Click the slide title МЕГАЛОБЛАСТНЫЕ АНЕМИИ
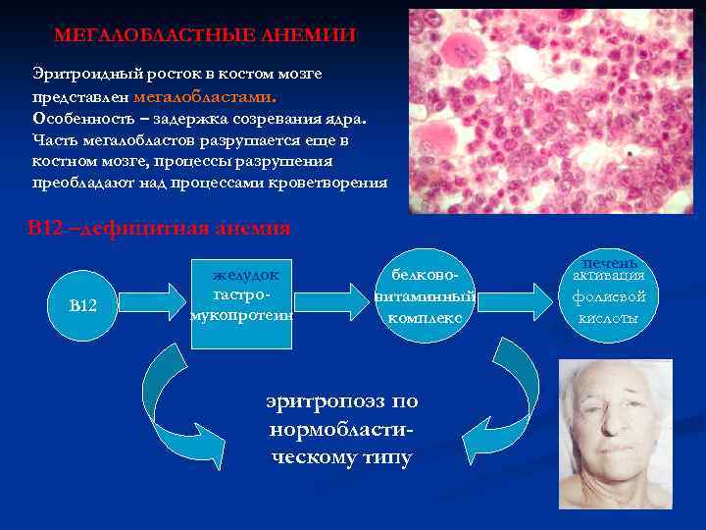pyautogui.click(x=205, y=35)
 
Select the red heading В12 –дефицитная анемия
pyautogui.click(x=158, y=229)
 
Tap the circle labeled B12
pyautogui.click(x=83, y=306)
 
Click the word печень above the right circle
pyautogui.click(x=610, y=262)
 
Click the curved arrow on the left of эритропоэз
pyautogui.click(x=181, y=402)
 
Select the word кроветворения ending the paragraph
pyautogui.click(x=336, y=183)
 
